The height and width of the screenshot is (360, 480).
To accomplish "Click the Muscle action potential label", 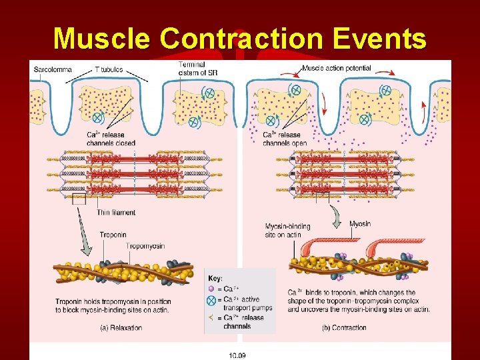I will click(337, 68).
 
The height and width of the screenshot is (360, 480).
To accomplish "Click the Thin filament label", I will click(116, 213).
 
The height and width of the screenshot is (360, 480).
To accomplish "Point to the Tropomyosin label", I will click(145, 246).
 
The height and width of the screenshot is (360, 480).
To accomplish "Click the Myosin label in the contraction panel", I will click(360, 224).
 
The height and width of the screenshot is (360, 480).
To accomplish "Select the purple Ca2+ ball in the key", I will click(211, 289).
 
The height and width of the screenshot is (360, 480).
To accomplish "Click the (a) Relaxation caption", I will click(121, 328).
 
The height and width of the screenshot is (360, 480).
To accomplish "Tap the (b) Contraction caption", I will click(344, 327).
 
